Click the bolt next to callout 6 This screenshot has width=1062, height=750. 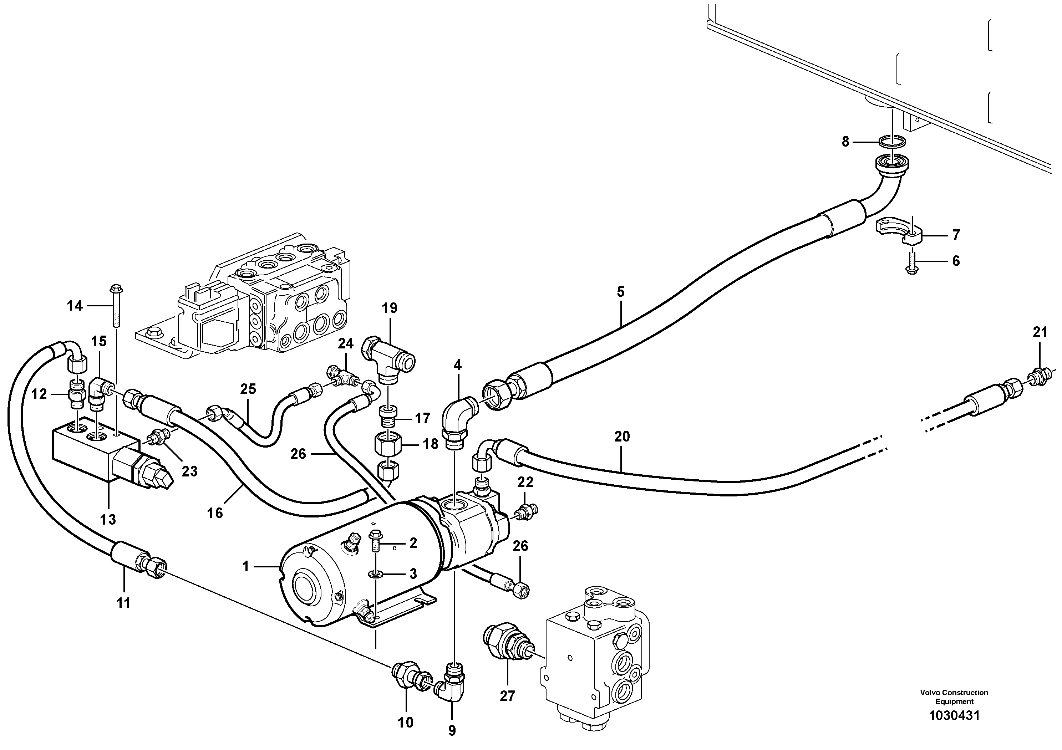[909, 259]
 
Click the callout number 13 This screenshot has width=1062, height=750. [108, 519]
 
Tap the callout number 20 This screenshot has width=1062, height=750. [622, 436]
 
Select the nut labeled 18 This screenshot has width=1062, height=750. [388, 446]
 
